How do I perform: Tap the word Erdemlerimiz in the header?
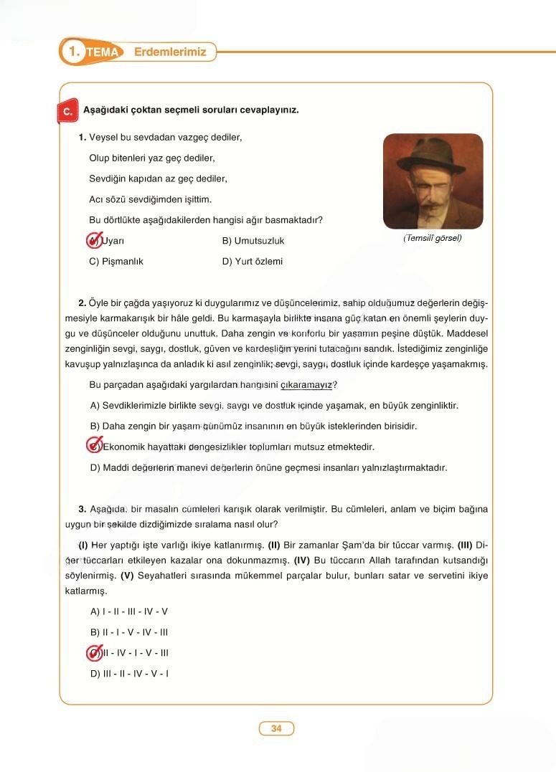click(170, 52)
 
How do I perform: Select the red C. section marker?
click(66, 112)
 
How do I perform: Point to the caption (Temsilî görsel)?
click(433, 238)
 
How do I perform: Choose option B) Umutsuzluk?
click(253, 241)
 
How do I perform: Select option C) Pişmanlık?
click(116, 262)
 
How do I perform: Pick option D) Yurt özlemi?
click(253, 262)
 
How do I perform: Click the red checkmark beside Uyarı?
click(94, 241)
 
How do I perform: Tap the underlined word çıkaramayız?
click(306, 385)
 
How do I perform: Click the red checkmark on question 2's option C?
click(94, 447)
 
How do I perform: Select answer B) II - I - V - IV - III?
click(129, 632)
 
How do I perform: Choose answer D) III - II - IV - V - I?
click(129, 673)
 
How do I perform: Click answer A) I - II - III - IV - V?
click(129, 611)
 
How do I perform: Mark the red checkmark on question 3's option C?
click(94, 653)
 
